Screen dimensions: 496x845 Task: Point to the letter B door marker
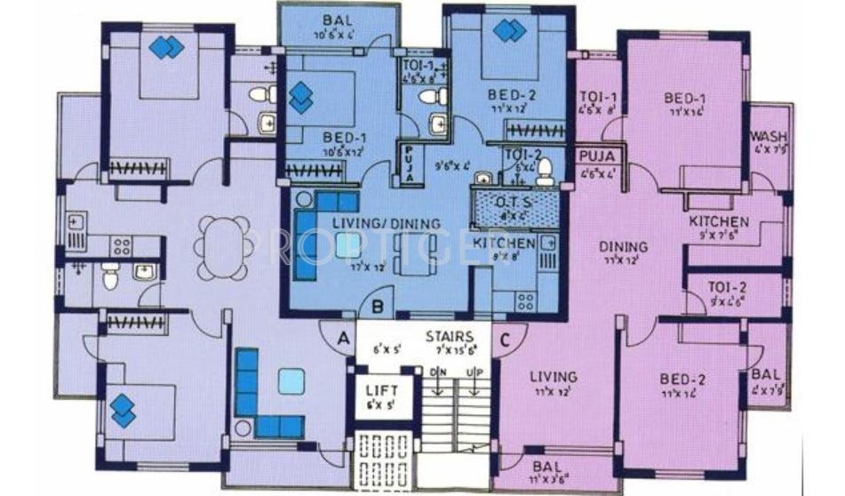click(x=377, y=308)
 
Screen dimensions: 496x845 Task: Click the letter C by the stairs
click(x=506, y=337)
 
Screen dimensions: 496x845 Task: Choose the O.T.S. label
click(x=513, y=200)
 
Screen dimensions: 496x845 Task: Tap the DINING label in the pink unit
click(x=622, y=246)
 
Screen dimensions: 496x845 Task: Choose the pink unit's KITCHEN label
click(x=719, y=221)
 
